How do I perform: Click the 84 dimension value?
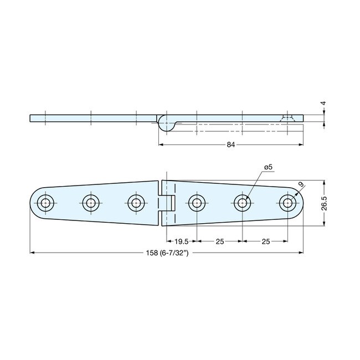point(231,145)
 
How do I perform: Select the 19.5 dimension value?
point(179,241)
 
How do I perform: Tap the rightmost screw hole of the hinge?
point(287,202)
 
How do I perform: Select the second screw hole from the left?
point(90,202)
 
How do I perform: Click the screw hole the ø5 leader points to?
point(242,202)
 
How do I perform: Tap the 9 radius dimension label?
point(300,184)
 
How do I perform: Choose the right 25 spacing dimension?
point(265,241)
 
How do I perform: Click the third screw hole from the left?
point(135,202)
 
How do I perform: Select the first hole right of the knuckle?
point(196,202)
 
